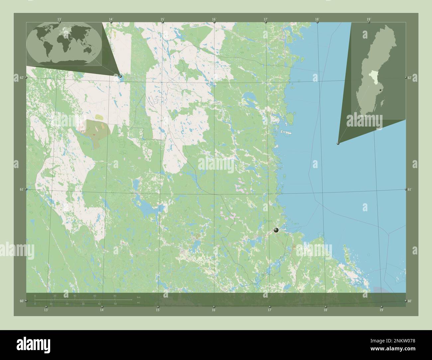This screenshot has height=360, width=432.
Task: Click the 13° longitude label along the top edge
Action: click(x=59, y=20)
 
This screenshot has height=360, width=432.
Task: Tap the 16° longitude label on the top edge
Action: click(x=214, y=20)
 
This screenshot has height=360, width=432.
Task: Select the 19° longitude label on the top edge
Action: click(x=369, y=20)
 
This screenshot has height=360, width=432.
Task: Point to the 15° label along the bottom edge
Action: click(x=158, y=310)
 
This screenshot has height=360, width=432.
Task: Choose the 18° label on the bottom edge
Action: click(x=325, y=310)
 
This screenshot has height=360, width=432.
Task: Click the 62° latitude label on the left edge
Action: click(x=21, y=78)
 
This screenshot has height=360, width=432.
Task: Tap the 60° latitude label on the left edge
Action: click(x=21, y=301)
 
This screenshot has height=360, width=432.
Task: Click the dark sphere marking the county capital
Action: click(x=276, y=230)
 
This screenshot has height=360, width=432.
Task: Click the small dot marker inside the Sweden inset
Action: click(x=380, y=85)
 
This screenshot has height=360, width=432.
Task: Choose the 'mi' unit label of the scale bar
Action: click(x=139, y=303)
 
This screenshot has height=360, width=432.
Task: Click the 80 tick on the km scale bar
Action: click(x=115, y=296)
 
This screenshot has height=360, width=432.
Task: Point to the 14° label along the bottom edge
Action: click(x=102, y=310)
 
